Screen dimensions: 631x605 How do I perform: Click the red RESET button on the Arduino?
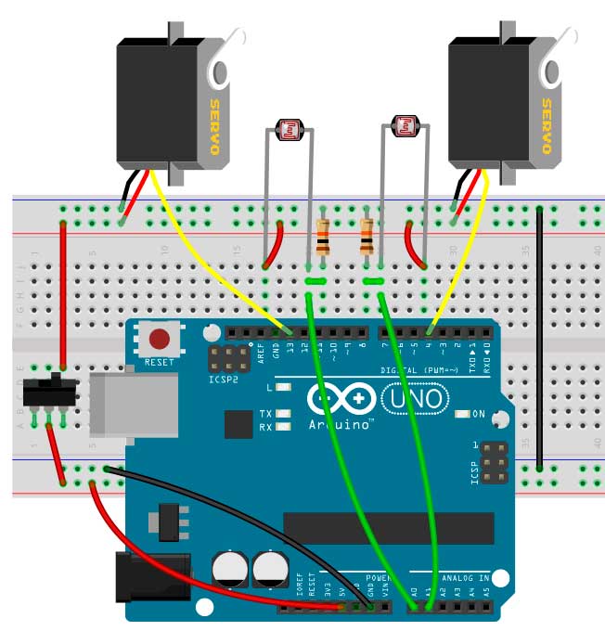point(160,339)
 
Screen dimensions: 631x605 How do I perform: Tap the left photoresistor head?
point(293,131)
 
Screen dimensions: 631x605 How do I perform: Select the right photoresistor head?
point(406,126)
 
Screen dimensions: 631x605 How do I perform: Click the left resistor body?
point(322,238)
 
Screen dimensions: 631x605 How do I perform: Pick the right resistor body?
point(367,238)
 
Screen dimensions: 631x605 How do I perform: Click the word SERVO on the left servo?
point(215,126)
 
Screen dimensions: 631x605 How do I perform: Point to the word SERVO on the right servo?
point(547,126)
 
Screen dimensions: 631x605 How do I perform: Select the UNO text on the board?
point(411,400)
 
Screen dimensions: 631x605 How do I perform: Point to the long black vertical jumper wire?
point(539,339)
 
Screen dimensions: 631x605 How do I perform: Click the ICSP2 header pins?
point(226,360)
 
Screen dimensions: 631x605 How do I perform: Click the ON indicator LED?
point(463,414)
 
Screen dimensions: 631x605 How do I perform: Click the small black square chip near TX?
point(238,425)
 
